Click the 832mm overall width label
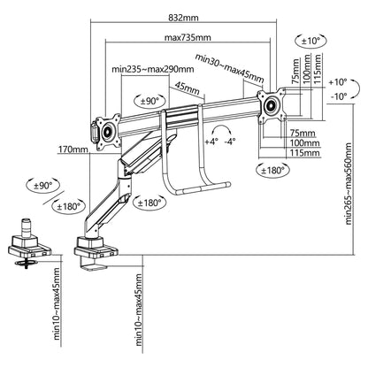[183, 18]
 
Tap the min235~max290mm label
[153, 69]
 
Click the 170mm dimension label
[73, 149]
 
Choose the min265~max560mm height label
[349, 184]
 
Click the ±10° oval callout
[310, 41]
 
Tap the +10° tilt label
[338, 82]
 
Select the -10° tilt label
[339, 96]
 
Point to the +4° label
[211, 142]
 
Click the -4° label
[230, 142]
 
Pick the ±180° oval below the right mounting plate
[273, 170]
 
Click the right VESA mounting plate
[272, 105]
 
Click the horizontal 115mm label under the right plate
[305, 153]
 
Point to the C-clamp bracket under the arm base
[94, 264]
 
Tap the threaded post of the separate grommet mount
[26, 227]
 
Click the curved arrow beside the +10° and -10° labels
[355, 88]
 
